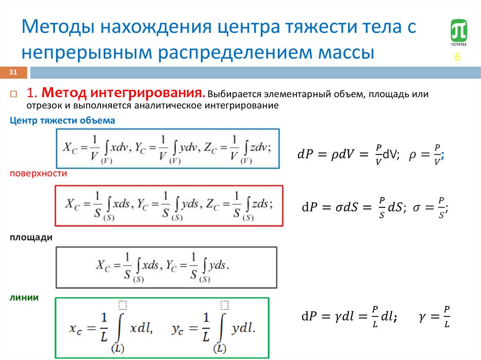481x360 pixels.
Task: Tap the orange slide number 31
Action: tap(13, 72)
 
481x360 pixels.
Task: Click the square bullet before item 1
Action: tap(14, 93)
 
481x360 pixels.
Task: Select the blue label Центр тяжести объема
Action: tap(62, 121)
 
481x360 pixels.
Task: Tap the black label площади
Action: tap(31, 237)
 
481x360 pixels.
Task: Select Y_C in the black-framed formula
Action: tap(169, 266)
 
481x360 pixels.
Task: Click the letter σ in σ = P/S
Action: tap(417, 207)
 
